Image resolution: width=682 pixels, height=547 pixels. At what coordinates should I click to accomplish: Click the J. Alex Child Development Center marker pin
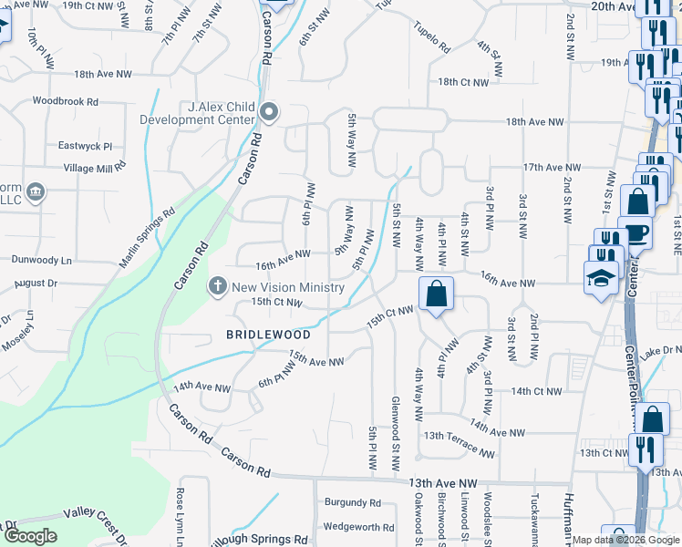pyautogui.click(x=269, y=113)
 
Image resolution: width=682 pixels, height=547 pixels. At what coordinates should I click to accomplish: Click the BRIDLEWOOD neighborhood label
pyautogui.click(x=268, y=335)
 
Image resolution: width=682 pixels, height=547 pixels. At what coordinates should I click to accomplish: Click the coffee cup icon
pyautogui.click(x=635, y=232)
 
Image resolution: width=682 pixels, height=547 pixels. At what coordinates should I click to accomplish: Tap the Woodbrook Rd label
pyautogui.click(x=65, y=101)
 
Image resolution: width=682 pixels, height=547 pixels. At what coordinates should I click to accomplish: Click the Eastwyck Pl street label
pyautogui.click(x=85, y=145)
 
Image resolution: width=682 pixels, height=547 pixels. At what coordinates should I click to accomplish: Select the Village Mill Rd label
pyautogui.click(x=95, y=169)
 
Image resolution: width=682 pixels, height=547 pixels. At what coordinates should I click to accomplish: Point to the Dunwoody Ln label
pyautogui.click(x=41, y=260)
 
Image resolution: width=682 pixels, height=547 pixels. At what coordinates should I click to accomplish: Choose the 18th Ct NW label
pyautogui.click(x=462, y=82)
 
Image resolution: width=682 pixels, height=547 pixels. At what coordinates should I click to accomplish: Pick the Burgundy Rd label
pyautogui.click(x=353, y=502)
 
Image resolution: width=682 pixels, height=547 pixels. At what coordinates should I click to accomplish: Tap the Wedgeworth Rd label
pyautogui.click(x=358, y=527)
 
